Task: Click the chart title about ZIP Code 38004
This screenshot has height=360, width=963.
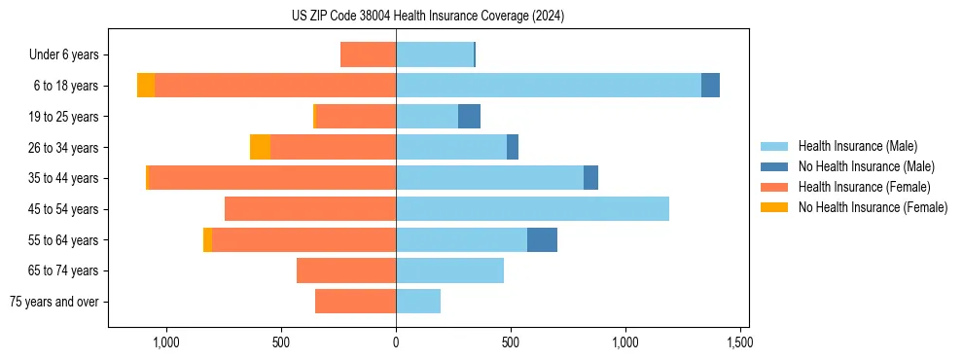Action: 428,17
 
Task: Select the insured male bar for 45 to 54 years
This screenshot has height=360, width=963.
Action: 532,209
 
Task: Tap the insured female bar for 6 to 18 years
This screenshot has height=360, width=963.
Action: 275,86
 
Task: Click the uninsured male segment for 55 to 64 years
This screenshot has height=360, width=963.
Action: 542,239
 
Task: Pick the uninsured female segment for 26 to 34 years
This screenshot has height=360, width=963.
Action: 260,147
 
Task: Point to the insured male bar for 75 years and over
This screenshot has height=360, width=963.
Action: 418,302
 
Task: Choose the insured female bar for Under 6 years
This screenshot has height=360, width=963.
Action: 369,54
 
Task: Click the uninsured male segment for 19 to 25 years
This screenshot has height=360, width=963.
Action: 469,117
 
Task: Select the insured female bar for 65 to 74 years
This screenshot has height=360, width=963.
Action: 346,270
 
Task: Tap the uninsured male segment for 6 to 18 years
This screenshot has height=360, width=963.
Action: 710,86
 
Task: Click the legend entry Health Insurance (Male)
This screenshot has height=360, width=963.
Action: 857,146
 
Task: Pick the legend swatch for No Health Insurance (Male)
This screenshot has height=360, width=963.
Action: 775,166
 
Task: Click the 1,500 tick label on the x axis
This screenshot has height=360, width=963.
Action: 739,342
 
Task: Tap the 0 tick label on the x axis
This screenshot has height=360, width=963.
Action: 396,342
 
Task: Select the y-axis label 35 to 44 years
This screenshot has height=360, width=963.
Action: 64,178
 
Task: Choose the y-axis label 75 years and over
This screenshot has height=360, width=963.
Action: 53,302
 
